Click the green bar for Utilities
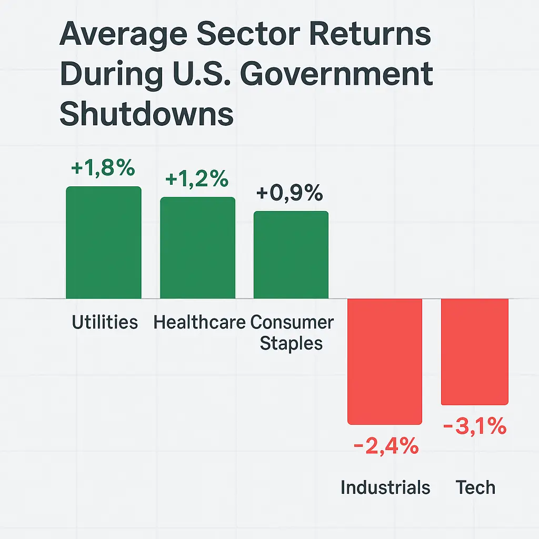(104, 243)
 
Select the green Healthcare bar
(198, 248)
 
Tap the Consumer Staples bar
(291, 255)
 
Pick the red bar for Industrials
(385, 361)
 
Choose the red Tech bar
(475, 352)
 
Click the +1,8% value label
(103, 169)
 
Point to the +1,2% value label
(197, 179)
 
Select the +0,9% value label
(290, 194)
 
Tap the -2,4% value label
(385, 448)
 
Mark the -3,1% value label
(475, 427)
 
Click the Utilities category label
(105, 322)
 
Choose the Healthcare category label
(199, 322)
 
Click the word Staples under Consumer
(292, 343)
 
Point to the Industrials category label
(385, 487)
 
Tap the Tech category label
(475, 487)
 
